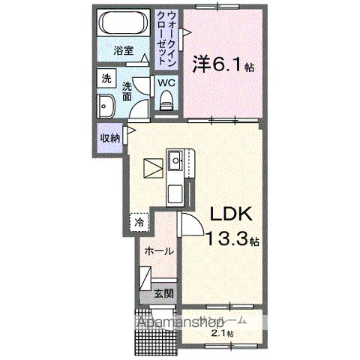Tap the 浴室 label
(123, 52)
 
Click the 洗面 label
(127, 91)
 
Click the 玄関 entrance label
(163, 294)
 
